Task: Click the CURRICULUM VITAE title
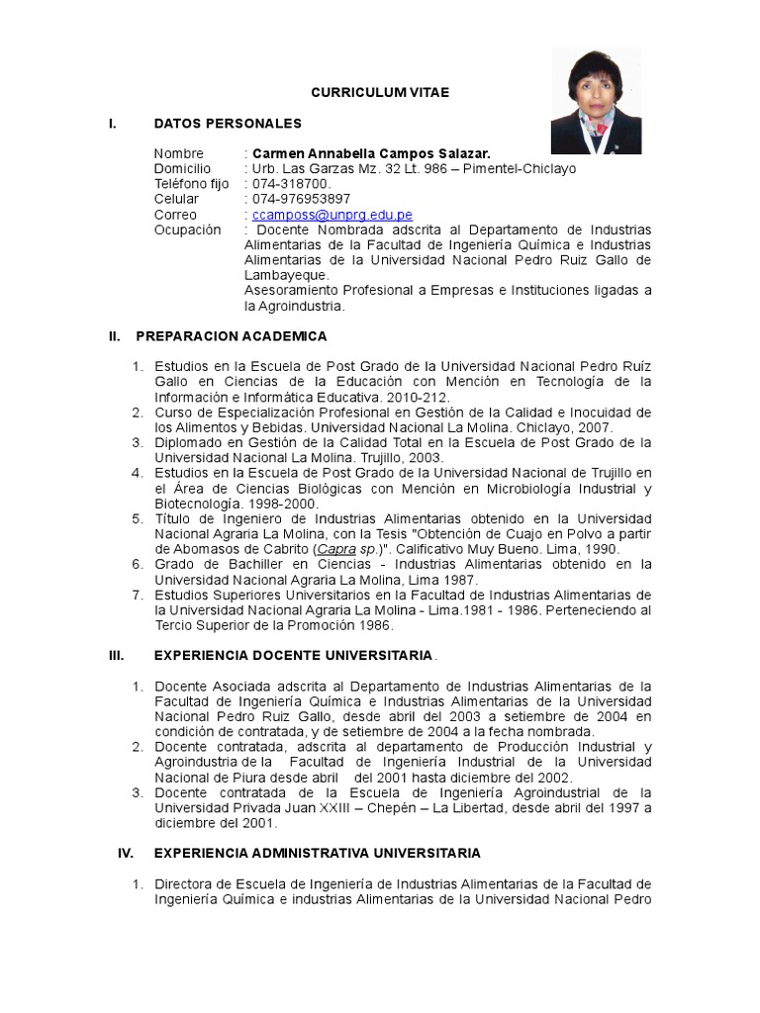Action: (x=380, y=92)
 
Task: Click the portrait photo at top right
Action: (x=596, y=101)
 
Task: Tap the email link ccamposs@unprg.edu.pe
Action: (x=332, y=215)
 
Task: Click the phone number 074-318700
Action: (x=292, y=184)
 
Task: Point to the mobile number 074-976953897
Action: (x=301, y=199)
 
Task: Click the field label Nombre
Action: (x=179, y=153)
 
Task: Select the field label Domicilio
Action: (x=183, y=168)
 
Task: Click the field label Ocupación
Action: (x=188, y=230)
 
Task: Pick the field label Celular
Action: (x=176, y=199)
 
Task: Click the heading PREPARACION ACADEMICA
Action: (x=231, y=336)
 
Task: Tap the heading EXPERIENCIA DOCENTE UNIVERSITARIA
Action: (x=293, y=656)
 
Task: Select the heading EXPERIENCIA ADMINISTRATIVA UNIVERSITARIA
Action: (x=317, y=853)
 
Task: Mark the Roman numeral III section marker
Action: (x=115, y=656)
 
